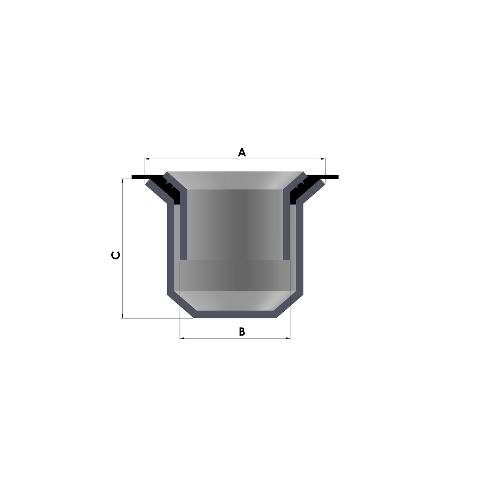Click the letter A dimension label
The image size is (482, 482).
coord(242,152)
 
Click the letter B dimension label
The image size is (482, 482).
coord(242,332)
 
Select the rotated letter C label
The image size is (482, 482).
coord(116,255)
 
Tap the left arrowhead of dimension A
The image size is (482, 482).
coord(147,159)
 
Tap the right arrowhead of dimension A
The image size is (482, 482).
coord(323,159)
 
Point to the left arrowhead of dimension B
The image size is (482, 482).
coord(182,338)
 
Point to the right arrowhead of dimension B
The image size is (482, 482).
coord(288,338)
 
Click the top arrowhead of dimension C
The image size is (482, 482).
coord(123,181)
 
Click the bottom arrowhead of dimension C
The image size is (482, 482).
coord(123,316)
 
